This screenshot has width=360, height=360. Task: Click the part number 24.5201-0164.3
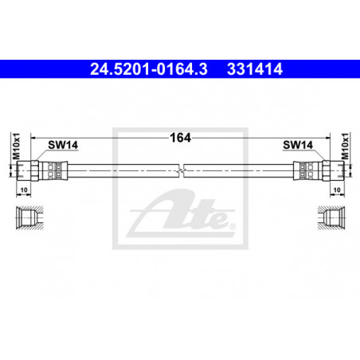click(x=149, y=69)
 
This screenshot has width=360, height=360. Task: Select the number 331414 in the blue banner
click(x=255, y=69)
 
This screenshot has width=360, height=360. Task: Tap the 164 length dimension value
click(x=180, y=138)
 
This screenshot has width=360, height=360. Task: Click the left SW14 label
click(x=63, y=145)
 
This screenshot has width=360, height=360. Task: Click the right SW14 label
click(x=298, y=145)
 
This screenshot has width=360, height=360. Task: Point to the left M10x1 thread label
click(x=17, y=147)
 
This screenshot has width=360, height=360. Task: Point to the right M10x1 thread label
click(x=345, y=147)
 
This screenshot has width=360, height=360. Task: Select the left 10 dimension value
click(x=24, y=190)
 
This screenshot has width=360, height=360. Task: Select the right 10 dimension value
click(x=337, y=190)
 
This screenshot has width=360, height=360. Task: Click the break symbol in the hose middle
click(x=181, y=170)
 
